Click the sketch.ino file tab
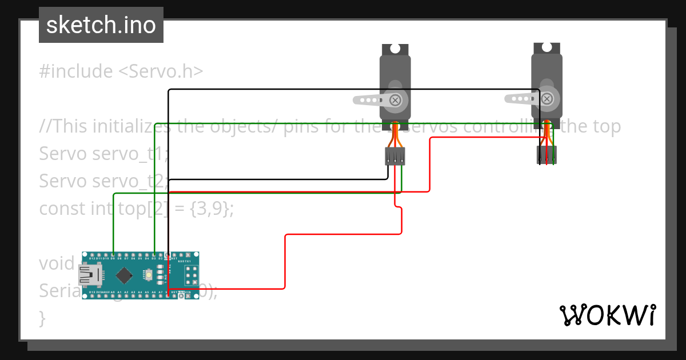click(x=101, y=25)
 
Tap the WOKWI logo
click(x=607, y=315)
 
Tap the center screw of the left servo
click(x=395, y=100)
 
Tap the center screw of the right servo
click(x=547, y=99)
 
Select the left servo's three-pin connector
click(x=395, y=156)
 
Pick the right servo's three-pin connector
click(x=547, y=154)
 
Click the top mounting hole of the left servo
click(x=395, y=49)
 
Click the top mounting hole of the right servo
click(x=547, y=48)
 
